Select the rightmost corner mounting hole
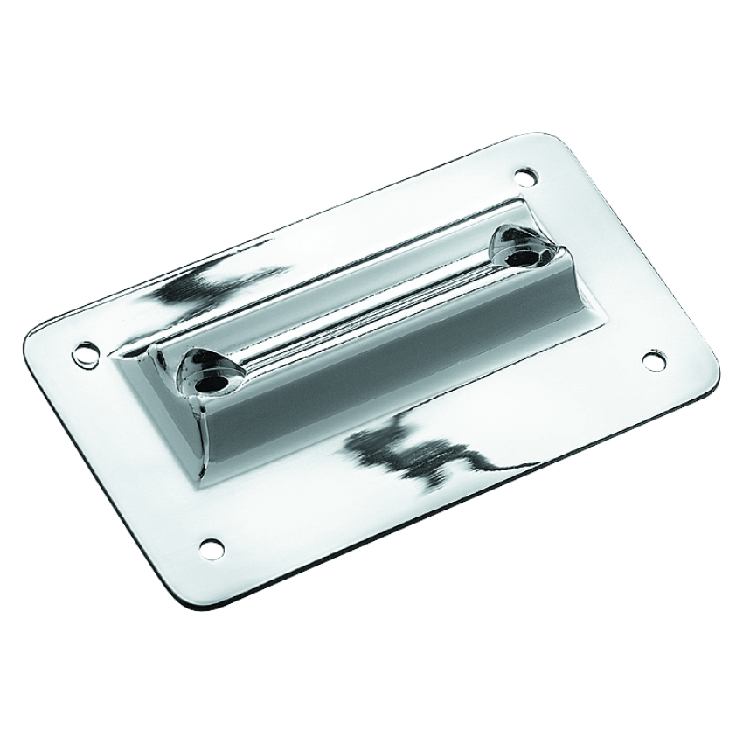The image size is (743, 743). [654, 358]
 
